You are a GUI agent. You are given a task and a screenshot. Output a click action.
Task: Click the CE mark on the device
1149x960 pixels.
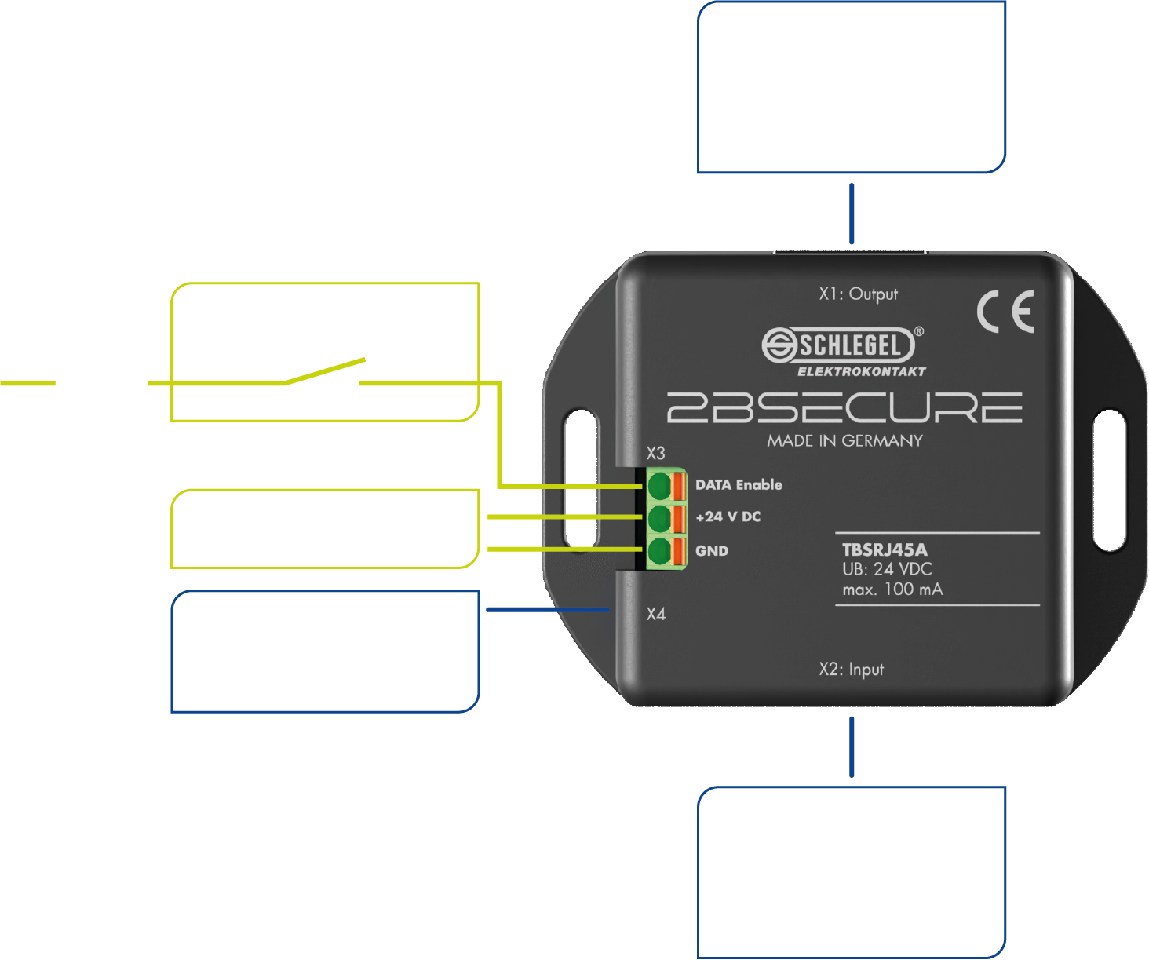(x=1005, y=311)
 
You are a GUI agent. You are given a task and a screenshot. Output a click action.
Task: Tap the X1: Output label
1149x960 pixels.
(x=858, y=294)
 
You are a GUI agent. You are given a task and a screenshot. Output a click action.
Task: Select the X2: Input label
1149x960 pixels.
(x=851, y=670)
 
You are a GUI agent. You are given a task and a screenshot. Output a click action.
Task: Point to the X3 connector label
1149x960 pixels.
(x=655, y=454)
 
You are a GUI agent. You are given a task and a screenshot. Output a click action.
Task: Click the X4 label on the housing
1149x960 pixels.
(x=656, y=614)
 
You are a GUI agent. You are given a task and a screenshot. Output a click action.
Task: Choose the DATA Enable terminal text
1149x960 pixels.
(x=739, y=485)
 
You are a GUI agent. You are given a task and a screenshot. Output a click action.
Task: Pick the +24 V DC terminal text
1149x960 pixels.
(x=728, y=517)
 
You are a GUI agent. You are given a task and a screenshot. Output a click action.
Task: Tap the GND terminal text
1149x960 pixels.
(x=712, y=551)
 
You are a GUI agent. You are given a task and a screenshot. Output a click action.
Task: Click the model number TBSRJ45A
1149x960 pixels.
(x=885, y=549)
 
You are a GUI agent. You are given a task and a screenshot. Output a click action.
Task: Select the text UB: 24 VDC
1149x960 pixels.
(x=887, y=569)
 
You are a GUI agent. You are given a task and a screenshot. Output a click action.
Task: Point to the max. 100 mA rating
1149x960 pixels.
(x=892, y=590)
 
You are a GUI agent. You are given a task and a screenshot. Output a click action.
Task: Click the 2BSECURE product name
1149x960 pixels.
(x=844, y=408)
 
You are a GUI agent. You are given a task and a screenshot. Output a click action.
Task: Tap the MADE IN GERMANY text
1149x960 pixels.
(x=844, y=441)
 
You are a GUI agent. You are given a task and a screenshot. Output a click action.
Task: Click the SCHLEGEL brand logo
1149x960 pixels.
(x=838, y=345)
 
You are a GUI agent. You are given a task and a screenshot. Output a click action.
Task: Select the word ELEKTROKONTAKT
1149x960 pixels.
(x=862, y=371)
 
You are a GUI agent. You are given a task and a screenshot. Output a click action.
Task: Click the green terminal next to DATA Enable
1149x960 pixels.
(x=658, y=485)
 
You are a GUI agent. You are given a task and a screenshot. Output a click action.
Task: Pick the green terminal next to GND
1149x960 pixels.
(x=658, y=551)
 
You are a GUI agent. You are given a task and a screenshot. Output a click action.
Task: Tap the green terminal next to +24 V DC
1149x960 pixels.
(x=658, y=518)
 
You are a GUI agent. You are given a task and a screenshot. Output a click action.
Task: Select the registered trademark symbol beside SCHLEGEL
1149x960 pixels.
(x=919, y=332)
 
